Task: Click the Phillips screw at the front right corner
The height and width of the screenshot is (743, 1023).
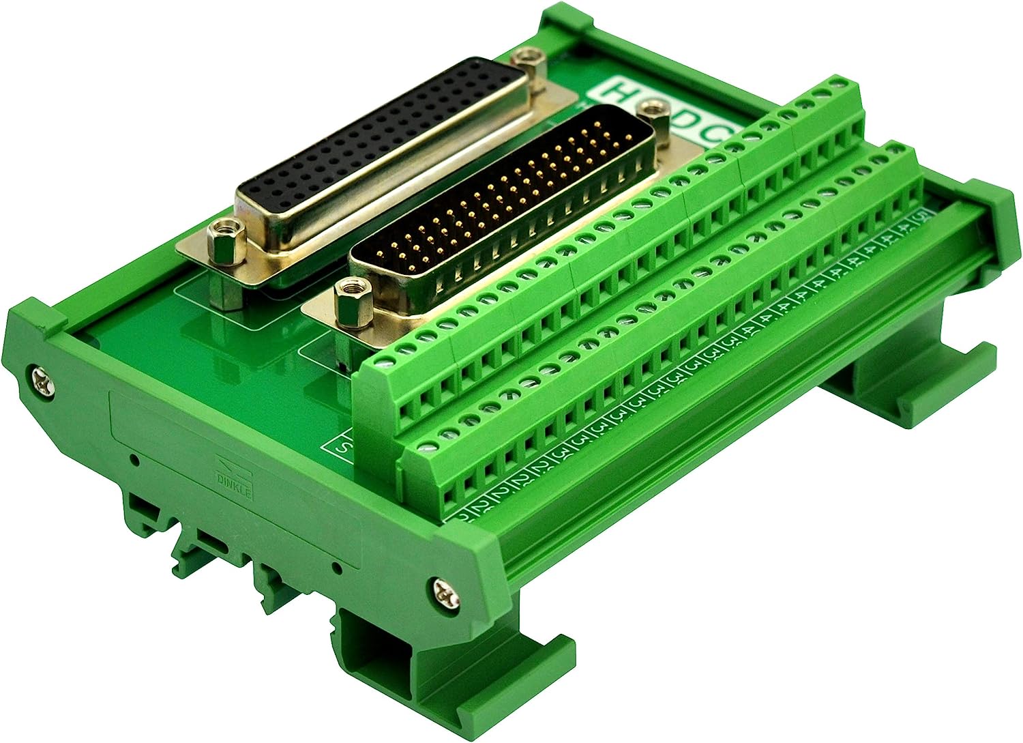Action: [x=445, y=592]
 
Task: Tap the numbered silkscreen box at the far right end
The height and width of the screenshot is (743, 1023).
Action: [x=923, y=217]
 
